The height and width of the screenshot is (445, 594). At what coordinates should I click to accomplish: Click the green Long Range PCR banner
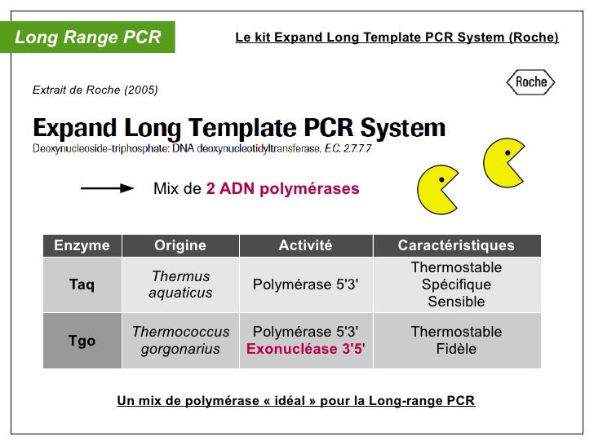88,37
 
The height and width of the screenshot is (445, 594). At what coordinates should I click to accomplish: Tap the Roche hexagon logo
530,82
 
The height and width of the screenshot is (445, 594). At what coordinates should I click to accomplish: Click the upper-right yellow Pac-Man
503,161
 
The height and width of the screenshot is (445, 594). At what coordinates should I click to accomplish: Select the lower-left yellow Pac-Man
437,190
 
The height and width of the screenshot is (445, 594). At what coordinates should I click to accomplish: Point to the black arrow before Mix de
107,188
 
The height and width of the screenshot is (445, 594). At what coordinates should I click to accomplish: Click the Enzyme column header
82,245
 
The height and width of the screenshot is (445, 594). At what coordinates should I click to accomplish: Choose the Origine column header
180,245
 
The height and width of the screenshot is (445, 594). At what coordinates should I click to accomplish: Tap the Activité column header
305,245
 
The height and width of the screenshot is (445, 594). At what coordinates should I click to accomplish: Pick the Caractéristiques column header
456,245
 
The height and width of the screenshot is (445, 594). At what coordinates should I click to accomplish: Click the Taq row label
82,284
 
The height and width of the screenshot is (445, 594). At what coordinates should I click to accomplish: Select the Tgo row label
82,341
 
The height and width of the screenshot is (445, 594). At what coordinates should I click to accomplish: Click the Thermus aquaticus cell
180,284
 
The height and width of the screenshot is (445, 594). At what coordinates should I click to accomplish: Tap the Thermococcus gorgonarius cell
180,341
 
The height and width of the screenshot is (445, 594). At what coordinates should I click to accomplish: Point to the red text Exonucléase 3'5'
305,350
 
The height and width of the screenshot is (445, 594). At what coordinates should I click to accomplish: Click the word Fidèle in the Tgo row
456,350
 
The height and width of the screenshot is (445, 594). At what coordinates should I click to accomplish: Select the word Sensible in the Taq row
456,302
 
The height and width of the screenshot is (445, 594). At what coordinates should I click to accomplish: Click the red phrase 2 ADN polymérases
282,188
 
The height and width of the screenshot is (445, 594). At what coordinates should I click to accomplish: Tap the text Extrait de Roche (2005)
95,90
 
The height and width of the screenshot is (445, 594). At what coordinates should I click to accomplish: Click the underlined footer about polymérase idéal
296,401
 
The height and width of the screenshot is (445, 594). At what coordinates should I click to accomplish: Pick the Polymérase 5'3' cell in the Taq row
305,284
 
